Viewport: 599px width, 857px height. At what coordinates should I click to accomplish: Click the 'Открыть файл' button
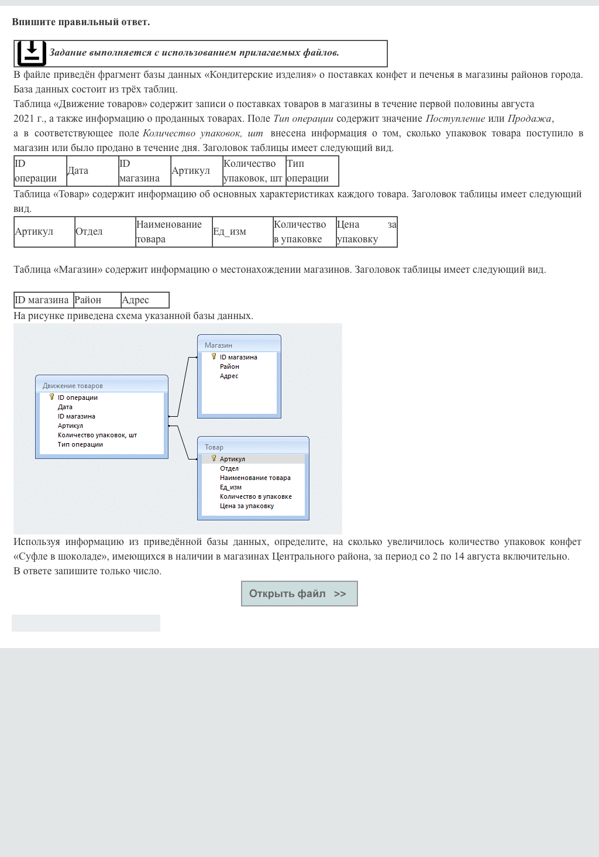point(299,594)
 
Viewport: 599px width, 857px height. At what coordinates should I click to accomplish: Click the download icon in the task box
point(32,53)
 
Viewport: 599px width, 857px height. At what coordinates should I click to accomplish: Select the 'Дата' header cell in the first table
point(92,171)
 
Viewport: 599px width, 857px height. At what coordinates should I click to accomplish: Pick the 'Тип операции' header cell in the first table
point(312,171)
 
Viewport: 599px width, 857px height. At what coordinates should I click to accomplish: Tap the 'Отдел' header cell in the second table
point(105,232)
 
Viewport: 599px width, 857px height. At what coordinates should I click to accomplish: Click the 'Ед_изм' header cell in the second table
point(242,232)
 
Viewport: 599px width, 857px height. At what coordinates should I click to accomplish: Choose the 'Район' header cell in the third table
point(97,300)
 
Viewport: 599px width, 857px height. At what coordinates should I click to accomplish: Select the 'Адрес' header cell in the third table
point(144,300)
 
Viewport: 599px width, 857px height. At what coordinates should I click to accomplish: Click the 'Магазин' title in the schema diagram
point(218,345)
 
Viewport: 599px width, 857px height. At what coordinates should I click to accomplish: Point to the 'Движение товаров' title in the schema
point(73,386)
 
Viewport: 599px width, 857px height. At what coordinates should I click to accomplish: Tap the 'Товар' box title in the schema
point(214,447)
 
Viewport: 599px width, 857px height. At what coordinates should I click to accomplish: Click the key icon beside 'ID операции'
point(51,397)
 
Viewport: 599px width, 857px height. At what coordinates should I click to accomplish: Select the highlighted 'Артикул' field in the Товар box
point(232,459)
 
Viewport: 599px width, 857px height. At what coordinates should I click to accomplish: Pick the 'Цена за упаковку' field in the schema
point(247,506)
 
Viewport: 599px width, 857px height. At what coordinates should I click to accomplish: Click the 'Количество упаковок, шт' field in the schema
point(97,435)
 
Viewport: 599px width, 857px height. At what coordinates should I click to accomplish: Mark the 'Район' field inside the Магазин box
point(229,366)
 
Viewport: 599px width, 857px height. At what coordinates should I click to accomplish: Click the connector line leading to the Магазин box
point(183,386)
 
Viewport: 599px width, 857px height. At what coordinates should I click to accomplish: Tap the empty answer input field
point(86,623)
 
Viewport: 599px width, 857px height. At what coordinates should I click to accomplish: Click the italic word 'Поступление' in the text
point(455,119)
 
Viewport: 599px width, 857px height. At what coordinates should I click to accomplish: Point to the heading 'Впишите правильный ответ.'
point(81,22)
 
